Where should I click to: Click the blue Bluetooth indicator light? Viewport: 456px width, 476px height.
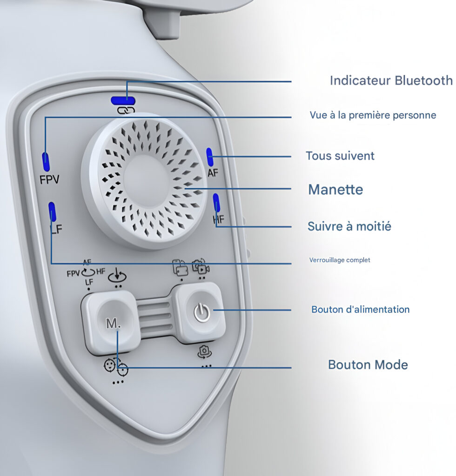[123, 100]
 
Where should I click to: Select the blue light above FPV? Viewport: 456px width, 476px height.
[46, 162]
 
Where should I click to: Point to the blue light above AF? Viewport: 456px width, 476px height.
[209, 157]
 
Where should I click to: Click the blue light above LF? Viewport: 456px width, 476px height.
[52, 212]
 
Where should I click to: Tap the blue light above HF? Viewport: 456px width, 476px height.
[216, 203]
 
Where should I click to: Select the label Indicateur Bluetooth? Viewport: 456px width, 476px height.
[391, 80]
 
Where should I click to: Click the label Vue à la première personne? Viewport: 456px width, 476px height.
[373, 115]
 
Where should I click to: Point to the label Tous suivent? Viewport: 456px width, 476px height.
[340, 156]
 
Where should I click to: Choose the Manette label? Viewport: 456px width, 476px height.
[335, 190]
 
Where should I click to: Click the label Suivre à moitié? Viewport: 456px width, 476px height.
[349, 226]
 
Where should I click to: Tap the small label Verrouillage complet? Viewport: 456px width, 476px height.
[340, 260]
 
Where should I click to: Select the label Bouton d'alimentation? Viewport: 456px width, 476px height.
[360, 309]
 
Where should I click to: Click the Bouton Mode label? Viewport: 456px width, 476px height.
[368, 364]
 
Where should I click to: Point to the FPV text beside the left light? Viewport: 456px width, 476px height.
[49, 179]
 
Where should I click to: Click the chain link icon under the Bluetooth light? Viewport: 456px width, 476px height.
[126, 110]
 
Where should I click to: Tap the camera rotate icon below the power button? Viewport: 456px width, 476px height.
[204, 352]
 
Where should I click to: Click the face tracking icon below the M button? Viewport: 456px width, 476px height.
[116, 367]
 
